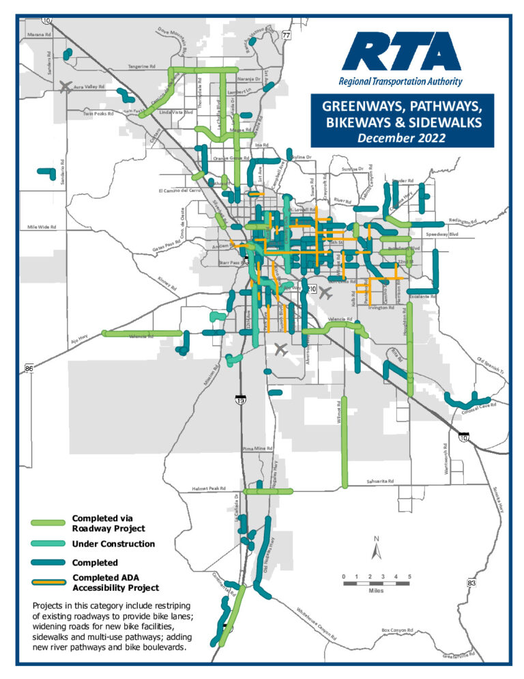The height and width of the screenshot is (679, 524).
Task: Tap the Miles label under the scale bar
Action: click(376, 592)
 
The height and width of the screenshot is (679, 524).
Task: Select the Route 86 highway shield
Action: click(29, 369)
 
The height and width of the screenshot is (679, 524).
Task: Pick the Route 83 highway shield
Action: click(471, 583)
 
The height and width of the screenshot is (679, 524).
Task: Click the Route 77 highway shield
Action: click(287, 35)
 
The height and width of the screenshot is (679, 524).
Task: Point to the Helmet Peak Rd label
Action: click(208, 488)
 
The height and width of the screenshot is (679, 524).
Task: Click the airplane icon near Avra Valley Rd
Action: click(65, 86)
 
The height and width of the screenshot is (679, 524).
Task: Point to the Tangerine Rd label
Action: click(143, 66)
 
